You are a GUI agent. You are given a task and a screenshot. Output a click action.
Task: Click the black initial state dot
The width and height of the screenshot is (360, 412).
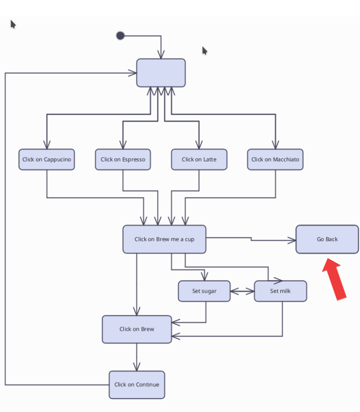121,36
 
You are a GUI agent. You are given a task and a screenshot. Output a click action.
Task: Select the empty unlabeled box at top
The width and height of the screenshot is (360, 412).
161,73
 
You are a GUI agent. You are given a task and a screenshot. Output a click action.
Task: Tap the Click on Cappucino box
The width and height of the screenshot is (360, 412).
47,159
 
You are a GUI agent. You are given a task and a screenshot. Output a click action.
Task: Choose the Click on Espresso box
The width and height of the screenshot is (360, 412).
123,159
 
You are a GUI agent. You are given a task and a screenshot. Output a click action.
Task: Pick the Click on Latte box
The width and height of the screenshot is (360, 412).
199,159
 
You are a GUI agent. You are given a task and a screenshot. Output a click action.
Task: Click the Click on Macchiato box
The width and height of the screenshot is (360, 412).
275,159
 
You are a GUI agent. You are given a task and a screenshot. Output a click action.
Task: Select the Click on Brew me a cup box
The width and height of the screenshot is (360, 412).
164,239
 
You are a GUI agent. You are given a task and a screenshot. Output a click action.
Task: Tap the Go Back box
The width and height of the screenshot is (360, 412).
327,239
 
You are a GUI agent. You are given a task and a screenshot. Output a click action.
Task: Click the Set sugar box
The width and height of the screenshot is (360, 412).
204,291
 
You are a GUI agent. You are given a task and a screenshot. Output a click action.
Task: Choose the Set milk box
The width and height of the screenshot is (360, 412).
280,291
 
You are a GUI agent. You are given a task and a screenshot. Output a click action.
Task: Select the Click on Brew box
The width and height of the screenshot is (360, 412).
137,329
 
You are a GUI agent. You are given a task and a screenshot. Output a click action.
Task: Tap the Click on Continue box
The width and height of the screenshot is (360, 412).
137,385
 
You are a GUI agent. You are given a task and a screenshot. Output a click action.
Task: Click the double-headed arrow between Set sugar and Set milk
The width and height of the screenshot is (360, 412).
242,291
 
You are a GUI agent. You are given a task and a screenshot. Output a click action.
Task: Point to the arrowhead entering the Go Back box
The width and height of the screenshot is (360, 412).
292,241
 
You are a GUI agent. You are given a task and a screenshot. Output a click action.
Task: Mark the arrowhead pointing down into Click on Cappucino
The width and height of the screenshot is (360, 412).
47,145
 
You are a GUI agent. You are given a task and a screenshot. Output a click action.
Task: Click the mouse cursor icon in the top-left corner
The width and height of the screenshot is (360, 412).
13,24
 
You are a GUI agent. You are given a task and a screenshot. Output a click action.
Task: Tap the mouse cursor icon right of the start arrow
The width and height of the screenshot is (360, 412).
204,51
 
